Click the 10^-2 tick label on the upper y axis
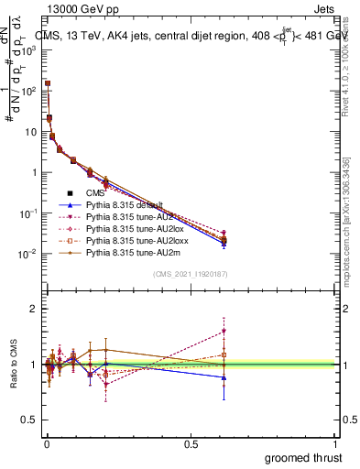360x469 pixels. pos(27,254)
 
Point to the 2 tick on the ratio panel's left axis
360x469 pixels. pos(34,310)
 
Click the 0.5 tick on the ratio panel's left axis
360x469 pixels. pos(30,420)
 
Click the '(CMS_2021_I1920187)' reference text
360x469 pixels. pos(191,274)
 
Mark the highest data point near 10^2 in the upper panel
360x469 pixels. pos(47,83)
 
